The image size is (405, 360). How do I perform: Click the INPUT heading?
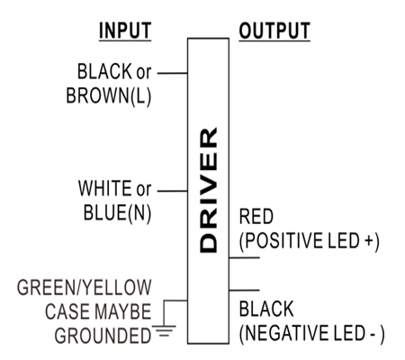125,31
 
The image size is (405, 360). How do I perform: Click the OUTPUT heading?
274,31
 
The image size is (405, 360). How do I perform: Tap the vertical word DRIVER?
208,190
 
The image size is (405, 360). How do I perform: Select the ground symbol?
165,331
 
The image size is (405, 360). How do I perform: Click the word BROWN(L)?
109,96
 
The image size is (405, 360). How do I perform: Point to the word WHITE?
105,188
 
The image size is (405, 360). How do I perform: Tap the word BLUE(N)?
117,213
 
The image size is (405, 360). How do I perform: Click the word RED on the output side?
256,216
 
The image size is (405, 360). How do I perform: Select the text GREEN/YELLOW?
85,287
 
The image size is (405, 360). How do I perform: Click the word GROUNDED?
103,336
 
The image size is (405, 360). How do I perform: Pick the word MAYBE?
124,311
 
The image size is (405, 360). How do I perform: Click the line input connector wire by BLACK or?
173,73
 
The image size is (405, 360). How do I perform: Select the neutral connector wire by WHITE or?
173,191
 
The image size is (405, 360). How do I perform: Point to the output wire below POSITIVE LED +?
244,257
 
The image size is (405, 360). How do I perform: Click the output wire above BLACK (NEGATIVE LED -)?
244,290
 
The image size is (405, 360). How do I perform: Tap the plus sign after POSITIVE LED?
369,241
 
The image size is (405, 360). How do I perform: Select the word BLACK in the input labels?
104,71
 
